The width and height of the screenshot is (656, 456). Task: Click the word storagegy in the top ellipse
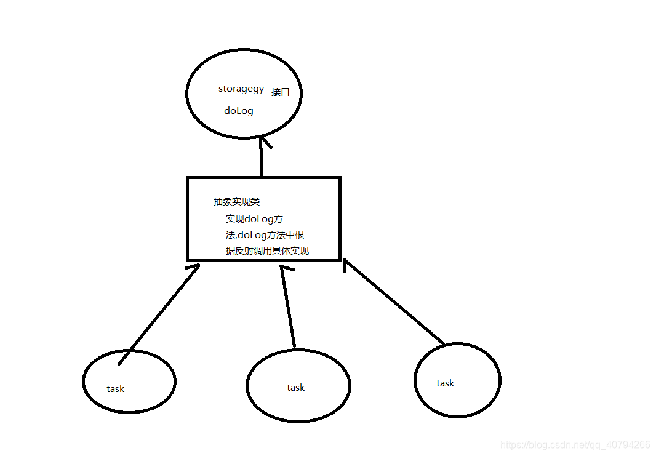241,89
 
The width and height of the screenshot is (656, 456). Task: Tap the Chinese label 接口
280,92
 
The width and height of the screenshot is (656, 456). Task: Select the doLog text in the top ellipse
239,111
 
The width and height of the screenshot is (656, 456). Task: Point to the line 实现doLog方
254,218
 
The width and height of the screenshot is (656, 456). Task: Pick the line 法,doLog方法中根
265,234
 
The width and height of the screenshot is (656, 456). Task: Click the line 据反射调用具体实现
267,250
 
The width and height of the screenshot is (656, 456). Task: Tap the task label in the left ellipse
115,389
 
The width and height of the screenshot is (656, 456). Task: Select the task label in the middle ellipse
295,388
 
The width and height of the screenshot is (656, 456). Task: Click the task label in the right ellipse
445,383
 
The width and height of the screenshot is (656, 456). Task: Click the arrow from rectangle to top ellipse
262,160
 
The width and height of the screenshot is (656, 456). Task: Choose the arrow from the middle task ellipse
289,308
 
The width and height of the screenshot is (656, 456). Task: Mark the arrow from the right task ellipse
394,302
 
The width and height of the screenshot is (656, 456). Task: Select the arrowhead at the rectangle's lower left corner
194,267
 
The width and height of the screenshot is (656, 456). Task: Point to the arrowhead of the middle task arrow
284,270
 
